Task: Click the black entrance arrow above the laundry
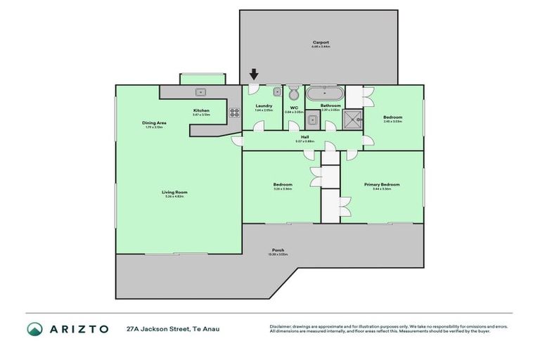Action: pyautogui.click(x=254, y=74)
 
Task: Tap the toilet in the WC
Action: pyautogui.click(x=294, y=94)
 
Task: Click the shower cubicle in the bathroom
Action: pyautogui.click(x=352, y=120)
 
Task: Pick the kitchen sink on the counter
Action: pyautogui.click(x=200, y=91)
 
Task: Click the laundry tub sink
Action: pyautogui.click(x=276, y=92)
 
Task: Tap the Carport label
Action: pyautogui.click(x=321, y=43)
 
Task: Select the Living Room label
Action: pyautogui.click(x=174, y=192)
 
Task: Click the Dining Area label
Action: pyautogui.click(x=153, y=122)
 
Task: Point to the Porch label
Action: pyautogui.click(x=279, y=250)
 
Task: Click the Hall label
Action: pyautogui.click(x=305, y=137)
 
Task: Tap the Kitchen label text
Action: pyautogui.click(x=201, y=110)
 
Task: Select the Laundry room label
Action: pyautogui.click(x=264, y=106)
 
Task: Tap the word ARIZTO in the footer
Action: pyautogui.click(x=79, y=329)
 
